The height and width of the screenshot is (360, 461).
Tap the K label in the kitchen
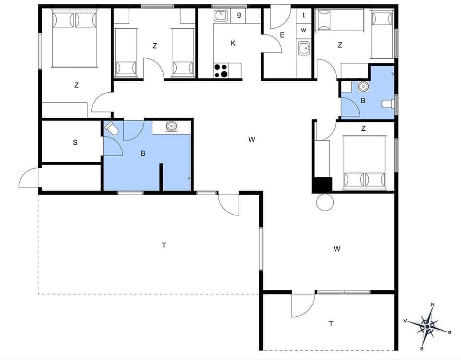pyautogui.click(x=233, y=43)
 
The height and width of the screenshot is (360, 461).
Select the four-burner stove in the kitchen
pyautogui.click(x=221, y=71)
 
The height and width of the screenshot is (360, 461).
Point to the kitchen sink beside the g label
pyautogui.click(x=220, y=16)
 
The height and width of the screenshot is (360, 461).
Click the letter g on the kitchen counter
pyautogui.click(x=239, y=14)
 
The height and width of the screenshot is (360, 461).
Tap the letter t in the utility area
pyautogui.click(x=303, y=15)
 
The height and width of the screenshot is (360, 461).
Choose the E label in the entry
pyautogui.click(x=282, y=35)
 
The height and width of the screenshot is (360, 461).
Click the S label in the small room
pyautogui.click(x=75, y=142)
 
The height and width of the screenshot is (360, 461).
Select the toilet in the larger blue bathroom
pyautogui.click(x=111, y=128)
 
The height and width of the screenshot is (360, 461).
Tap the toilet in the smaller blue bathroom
pyautogui.click(x=387, y=104)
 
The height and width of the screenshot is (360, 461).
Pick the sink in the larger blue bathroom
pyautogui.click(x=171, y=126)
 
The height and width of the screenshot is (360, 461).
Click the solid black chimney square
pyautogui.click(x=322, y=185)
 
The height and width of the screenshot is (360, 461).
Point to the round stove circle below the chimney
pyautogui.click(x=325, y=202)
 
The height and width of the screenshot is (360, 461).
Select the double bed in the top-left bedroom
pyautogui.click(x=74, y=38)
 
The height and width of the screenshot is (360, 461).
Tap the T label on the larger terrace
pyautogui.click(x=164, y=245)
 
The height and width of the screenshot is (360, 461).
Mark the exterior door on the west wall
pyautogui.click(x=29, y=178)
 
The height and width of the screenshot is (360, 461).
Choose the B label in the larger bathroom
pyautogui.click(x=143, y=154)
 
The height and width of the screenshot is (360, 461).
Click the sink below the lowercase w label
pyautogui.click(x=303, y=48)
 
